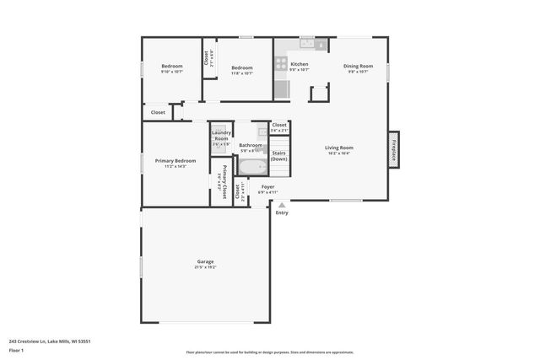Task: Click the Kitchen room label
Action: [300, 65]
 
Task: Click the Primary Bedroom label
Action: [175, 160]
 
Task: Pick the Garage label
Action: [206, 261]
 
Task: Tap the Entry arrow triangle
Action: [282, 204]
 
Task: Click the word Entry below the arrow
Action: [282, 212]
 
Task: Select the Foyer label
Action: [267, 186]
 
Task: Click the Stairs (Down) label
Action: [278, 156]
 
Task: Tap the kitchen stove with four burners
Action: [280, 62]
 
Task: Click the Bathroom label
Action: [251, 145]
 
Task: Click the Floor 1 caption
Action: [16, 349]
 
